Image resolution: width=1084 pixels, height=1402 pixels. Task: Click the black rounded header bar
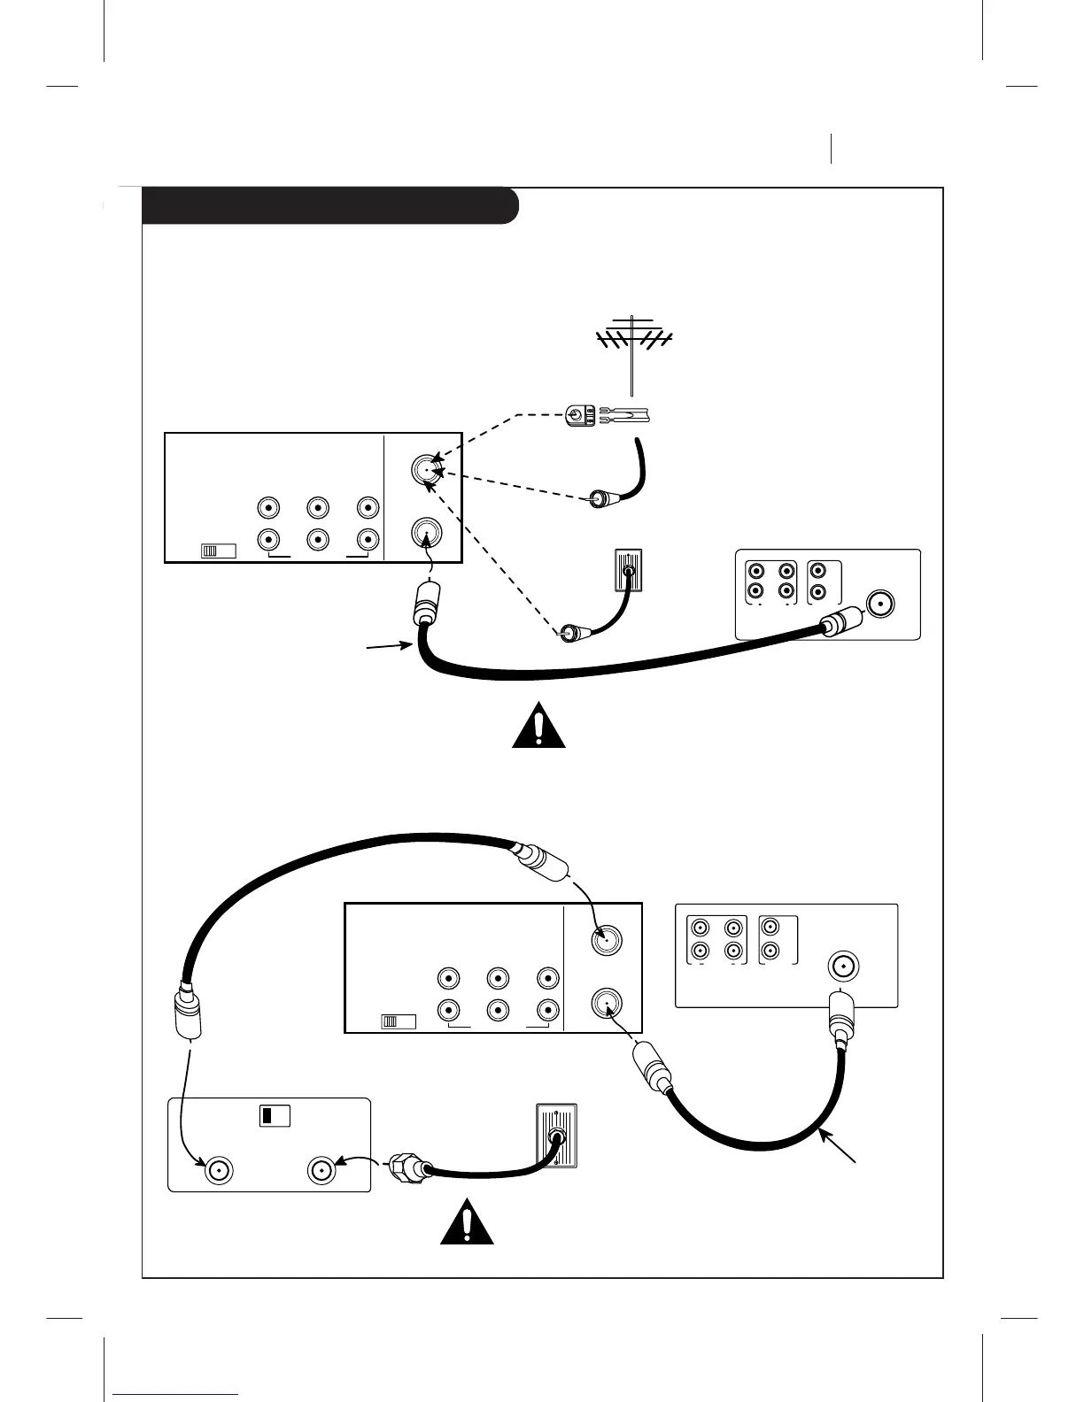(x=329, y=205)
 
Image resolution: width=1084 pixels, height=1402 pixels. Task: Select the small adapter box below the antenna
(x=580, y=413)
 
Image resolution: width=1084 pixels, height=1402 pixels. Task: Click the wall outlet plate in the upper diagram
(x=628, y=574)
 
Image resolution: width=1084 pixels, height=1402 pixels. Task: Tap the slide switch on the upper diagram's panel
(x=218, y=551)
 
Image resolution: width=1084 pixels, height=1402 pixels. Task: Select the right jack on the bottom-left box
(x=321, y=1171)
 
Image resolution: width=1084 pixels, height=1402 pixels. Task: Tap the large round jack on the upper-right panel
(x=881, y=604)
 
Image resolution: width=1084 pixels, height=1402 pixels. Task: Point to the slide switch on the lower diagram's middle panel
(x=398, y=1021)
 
